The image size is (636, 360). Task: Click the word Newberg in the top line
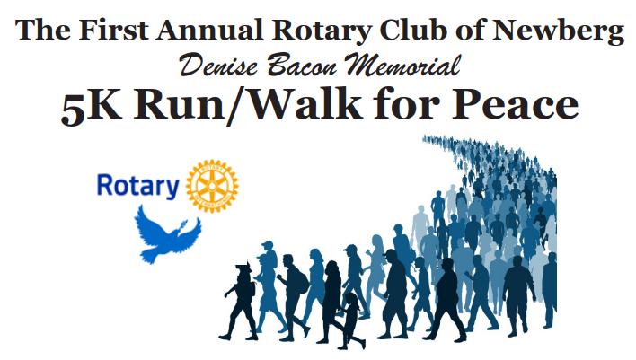[558, 31]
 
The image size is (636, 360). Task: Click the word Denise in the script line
[218, 65]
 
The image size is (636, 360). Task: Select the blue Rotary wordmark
[138, 186]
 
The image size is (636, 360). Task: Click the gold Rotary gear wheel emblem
[212, 186]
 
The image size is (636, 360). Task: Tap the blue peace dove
[167, 235]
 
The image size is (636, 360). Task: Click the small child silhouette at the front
[351, 321]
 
